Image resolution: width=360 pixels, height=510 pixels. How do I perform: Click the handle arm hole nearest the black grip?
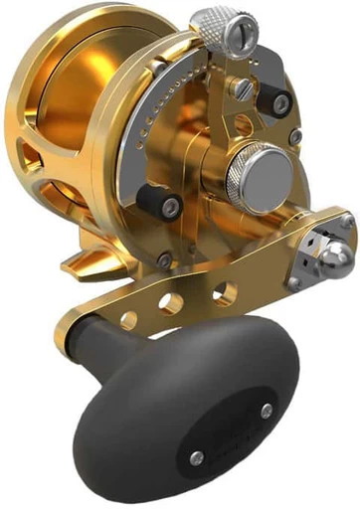[129, 317]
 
